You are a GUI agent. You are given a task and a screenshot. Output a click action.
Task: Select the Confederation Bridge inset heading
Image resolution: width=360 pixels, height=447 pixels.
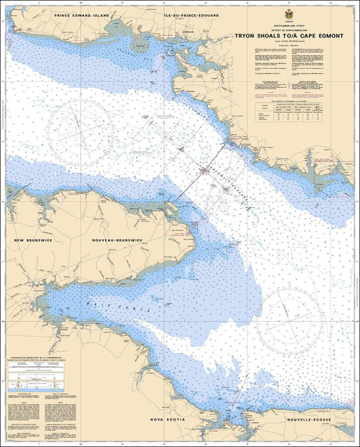point(43,357)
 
